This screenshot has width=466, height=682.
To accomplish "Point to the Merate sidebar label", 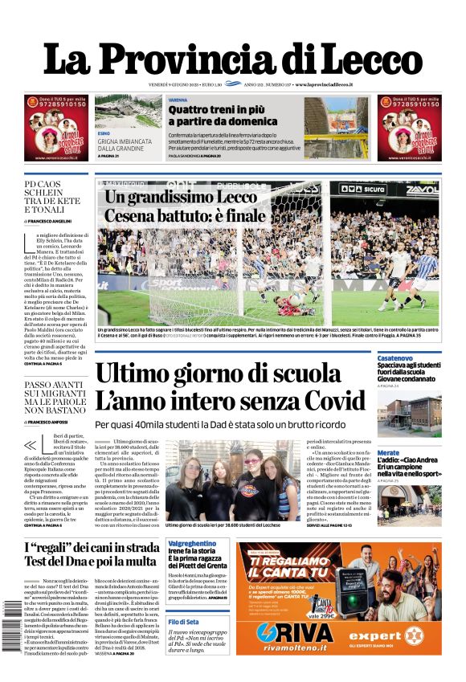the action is (x=388, y=453).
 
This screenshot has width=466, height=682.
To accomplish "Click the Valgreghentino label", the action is (x=191, y=544).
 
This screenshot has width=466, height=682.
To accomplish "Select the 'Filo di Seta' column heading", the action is (x=185, y=623).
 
